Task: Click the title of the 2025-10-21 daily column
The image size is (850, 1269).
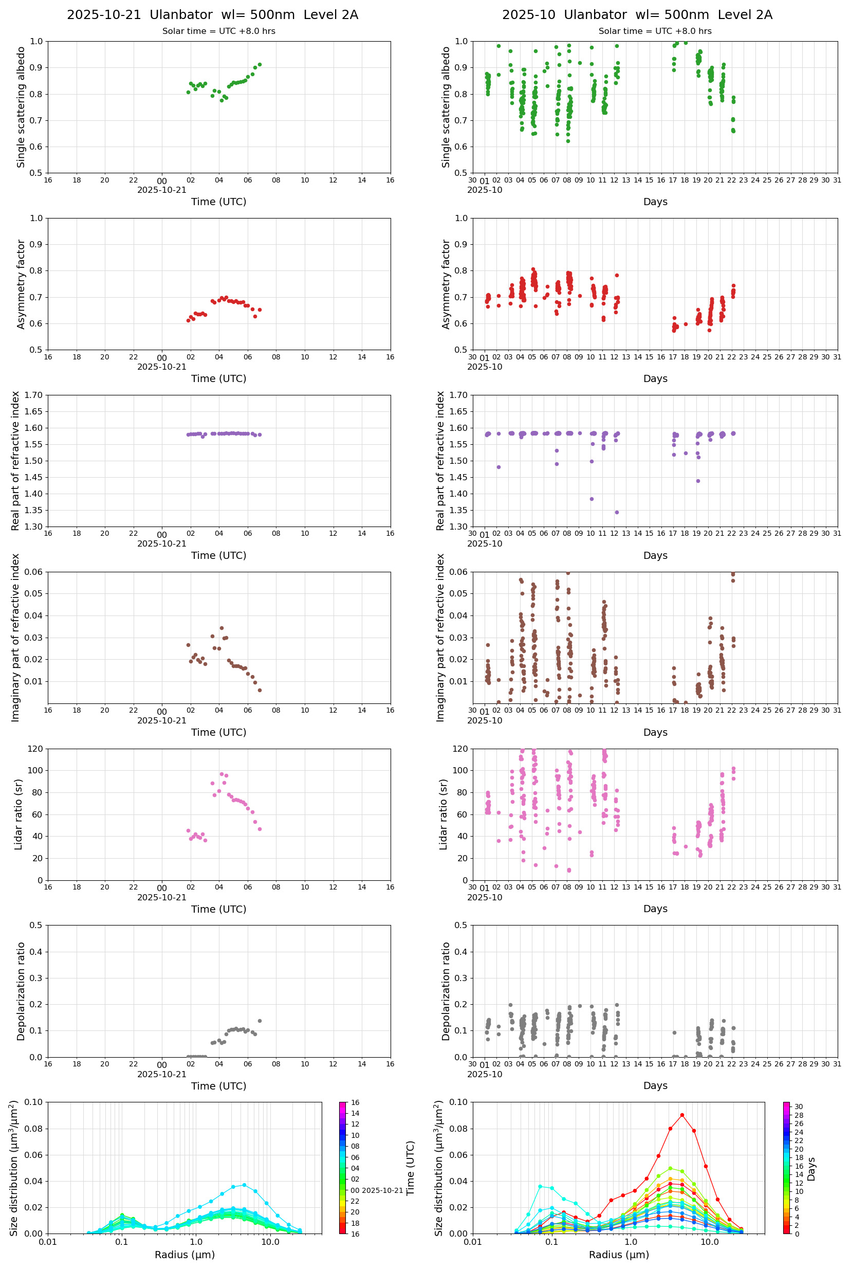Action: [213, 14]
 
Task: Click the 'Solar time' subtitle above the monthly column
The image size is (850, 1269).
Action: [655, 31]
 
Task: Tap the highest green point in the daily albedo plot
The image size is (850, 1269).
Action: [260, 65]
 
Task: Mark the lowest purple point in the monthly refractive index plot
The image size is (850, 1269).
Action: [617, 513]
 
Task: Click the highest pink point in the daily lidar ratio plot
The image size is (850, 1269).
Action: [221, 774]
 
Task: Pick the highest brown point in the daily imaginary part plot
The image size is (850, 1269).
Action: [221, 628]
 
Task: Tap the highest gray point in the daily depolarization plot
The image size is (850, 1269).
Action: [260, 1021]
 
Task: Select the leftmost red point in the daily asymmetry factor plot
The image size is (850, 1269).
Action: [188, 320]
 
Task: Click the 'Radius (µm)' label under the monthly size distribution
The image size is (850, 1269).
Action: [619, 1255]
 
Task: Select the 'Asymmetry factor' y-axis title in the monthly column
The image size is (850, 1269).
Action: [446, 284]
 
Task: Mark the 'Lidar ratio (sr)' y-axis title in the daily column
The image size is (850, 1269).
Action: [19, 814]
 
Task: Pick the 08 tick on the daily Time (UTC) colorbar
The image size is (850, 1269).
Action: [355, 1146]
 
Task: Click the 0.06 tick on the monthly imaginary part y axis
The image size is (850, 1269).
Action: [460, 572]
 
